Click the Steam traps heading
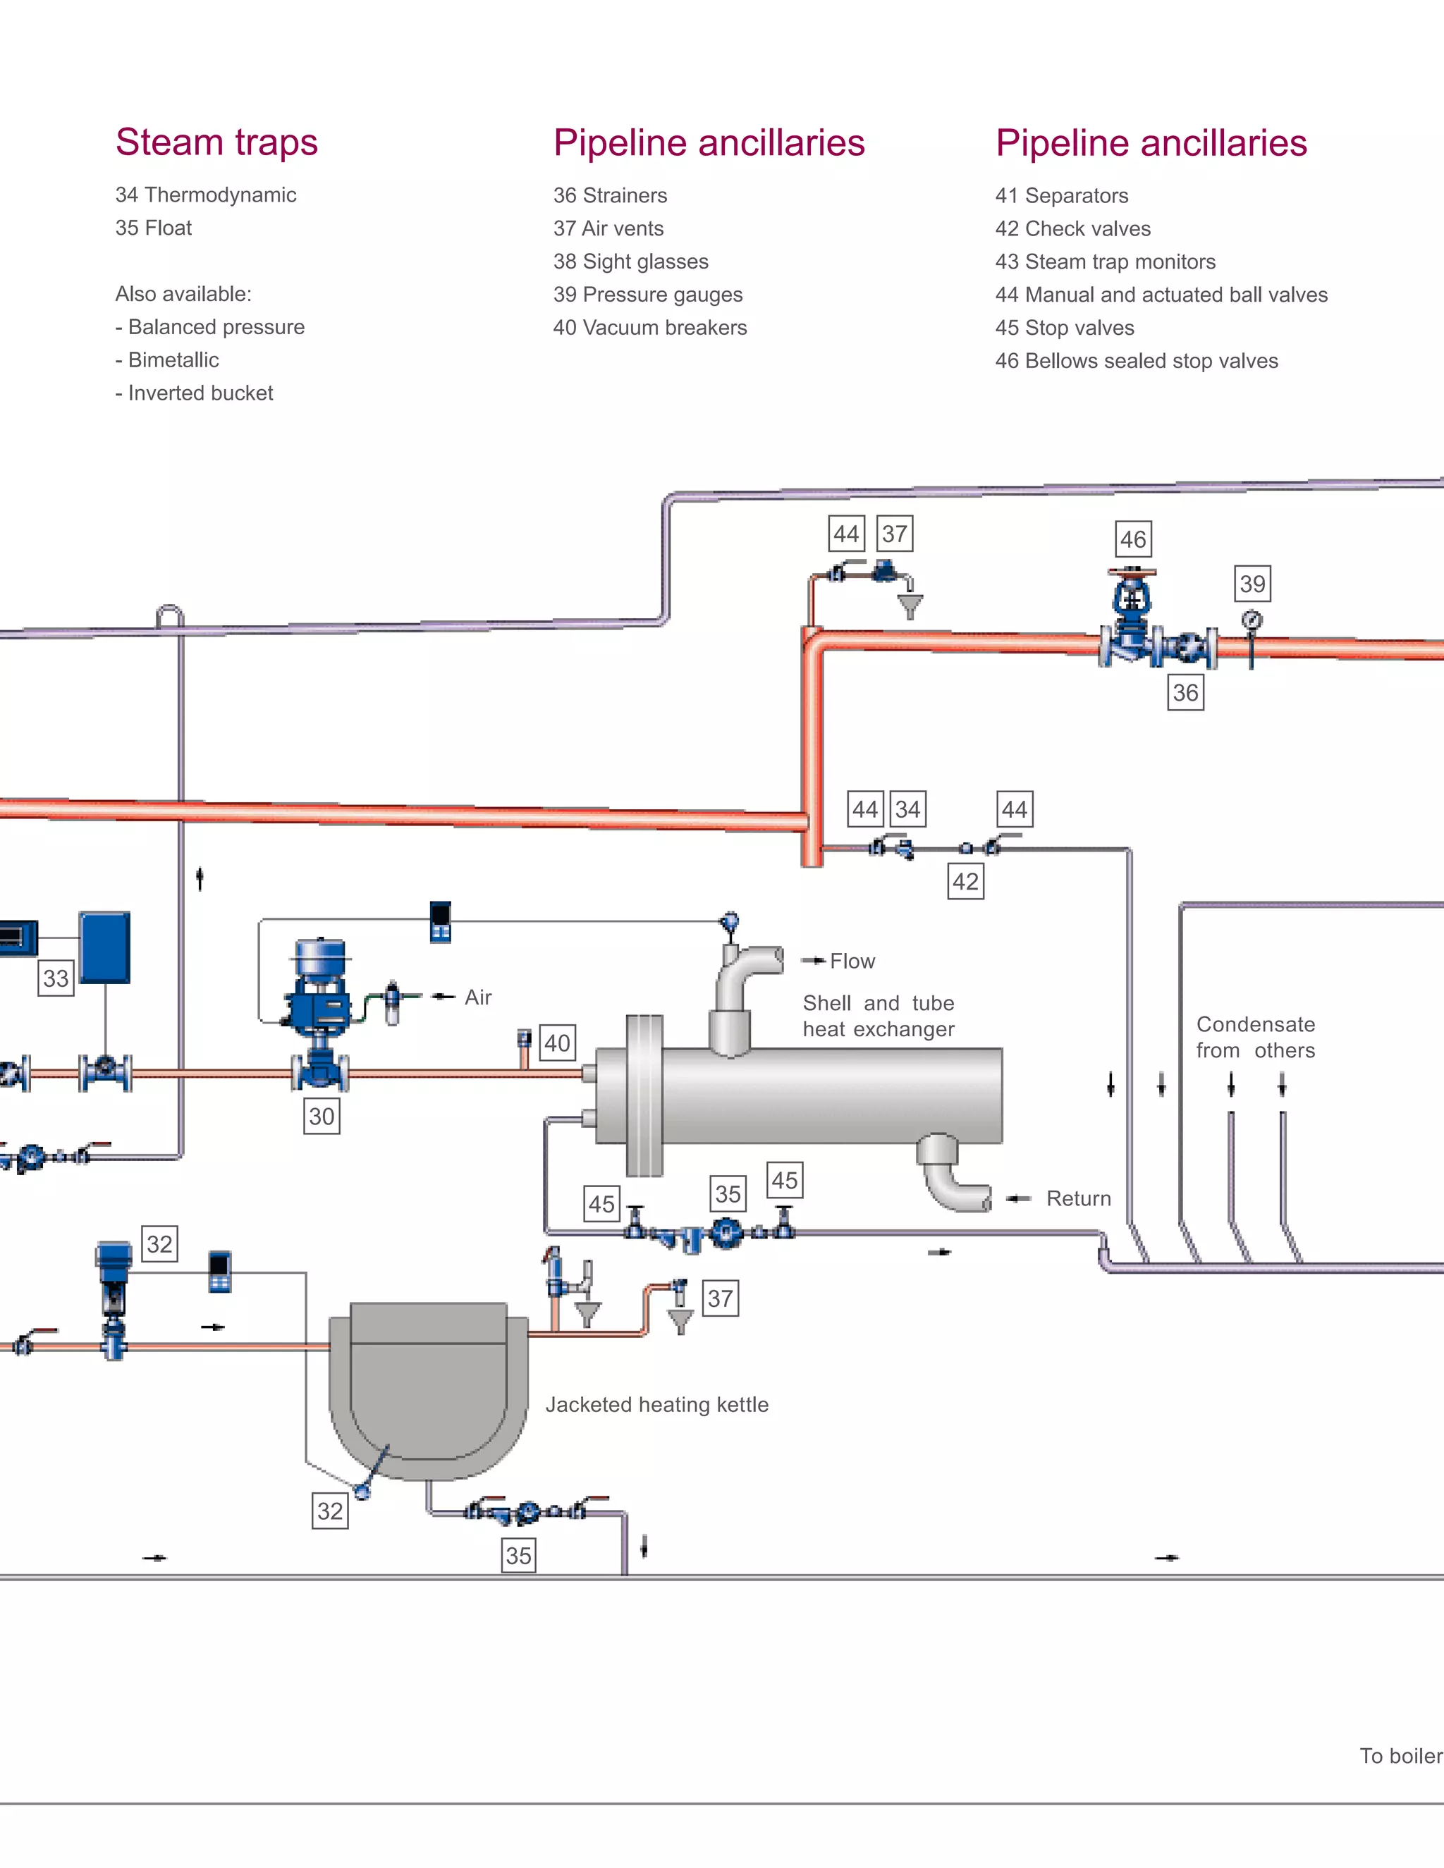[216, 142]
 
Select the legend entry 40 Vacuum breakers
[649, 328]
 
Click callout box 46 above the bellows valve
[1134, 540]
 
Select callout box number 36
[1185, 693]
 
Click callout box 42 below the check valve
[966, 882]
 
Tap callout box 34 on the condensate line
[907, 809]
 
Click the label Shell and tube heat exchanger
[879, 1016]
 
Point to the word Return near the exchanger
[1078, 1199]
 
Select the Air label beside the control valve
[478, 997]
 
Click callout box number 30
[322, 1116]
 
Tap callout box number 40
[558, 1043]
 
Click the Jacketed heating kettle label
[657, 1404]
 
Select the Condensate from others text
[1255, 1038]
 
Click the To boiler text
[1400, 1756]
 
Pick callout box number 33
[56, 978]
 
